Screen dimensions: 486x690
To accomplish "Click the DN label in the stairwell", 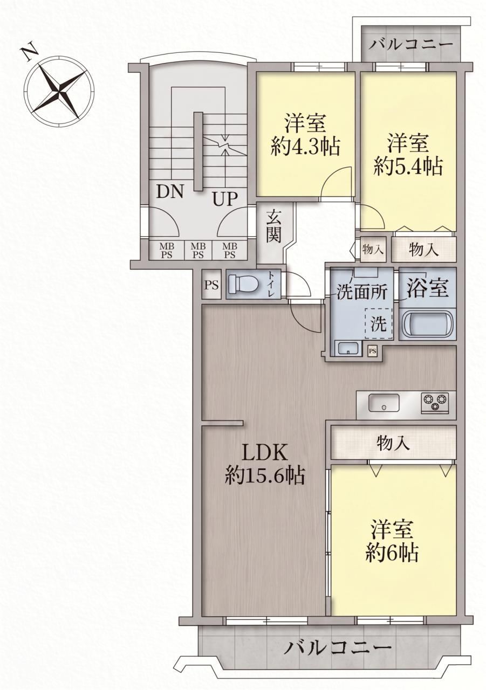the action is (x=169, y=191).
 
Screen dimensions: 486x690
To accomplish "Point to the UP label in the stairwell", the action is (x=225, y=199).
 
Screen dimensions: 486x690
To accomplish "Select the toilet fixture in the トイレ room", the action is (x=243, y=283).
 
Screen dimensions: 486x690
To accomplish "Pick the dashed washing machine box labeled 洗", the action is (x=379, y=324).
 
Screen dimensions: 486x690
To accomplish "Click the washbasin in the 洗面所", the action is (x=348, y=348).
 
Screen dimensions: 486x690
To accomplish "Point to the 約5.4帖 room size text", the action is (x=409, y=167).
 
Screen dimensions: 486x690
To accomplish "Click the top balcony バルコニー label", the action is (x=412, y=45).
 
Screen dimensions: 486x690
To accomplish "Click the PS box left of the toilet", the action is (x=212, y=284).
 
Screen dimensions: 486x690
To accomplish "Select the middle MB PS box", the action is (x=198, y=251).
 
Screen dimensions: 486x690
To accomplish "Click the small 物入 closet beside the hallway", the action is (x=373, y=250).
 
